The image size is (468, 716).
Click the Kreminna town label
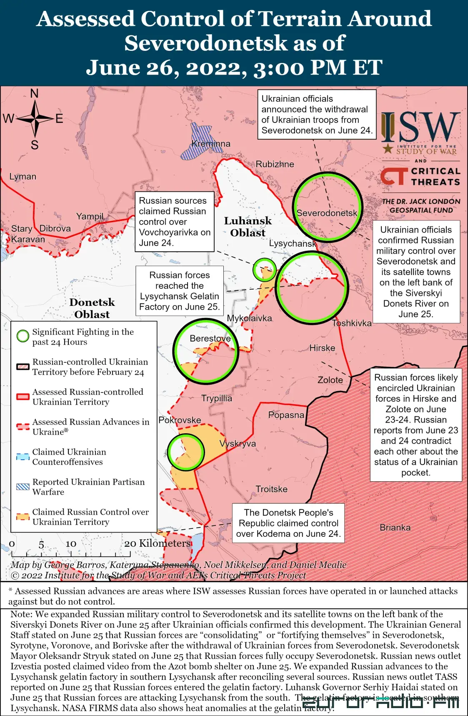[x=210, y=144]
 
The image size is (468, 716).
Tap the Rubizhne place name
[x=275, y=164]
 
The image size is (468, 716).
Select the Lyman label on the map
[x=23, y=177]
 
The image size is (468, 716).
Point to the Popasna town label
[x=286, y=415]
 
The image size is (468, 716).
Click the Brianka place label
[x=395, y=528]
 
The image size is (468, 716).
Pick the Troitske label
[x=271, y=489]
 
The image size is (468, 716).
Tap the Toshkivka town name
[x=351, y=323]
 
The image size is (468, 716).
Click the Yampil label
[x=90, y=216]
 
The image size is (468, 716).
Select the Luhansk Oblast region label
[x=248, y=227]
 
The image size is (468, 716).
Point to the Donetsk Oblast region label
[x=92, y=308]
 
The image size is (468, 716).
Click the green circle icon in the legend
[x=23, y=336]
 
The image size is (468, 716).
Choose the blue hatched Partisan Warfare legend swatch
[x=23, y=486]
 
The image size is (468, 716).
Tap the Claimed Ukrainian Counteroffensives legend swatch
[x=23, y=456]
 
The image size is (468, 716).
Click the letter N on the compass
[x=35, y=93]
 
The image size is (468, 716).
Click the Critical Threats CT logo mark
[x=393, y=176]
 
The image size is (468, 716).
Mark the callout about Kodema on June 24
[x=288, y=523]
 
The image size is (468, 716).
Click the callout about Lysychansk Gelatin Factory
[x=179, y=291]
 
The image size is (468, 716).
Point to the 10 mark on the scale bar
[x=71, y=544]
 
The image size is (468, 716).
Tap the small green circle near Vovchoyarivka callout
[x=265, y=270]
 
